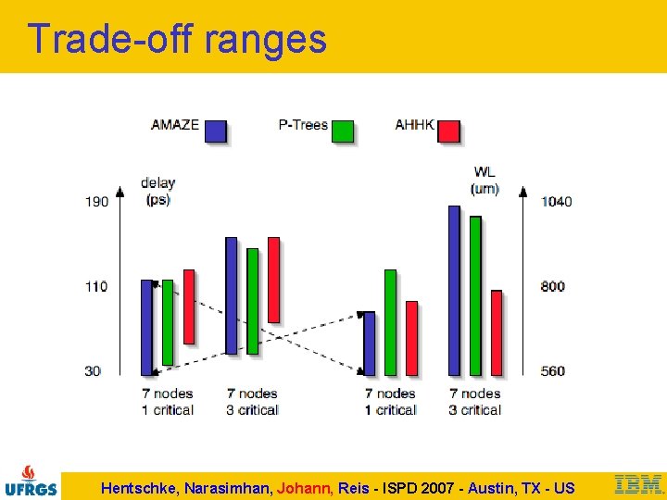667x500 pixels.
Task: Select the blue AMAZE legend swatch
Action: pos(215,131)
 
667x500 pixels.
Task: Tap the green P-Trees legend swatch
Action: pos(342,131)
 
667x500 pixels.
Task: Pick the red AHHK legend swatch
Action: pos(448,131)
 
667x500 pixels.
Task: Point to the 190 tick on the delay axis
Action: pos(96,201)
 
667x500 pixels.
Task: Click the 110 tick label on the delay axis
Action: pos(96,286)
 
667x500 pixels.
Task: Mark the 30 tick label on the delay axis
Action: pos(94,371)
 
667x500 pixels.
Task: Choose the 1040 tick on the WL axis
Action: pos(556,201)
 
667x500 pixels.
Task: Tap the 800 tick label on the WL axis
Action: pos(553,286)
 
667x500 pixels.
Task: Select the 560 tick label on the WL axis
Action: pos(553,371)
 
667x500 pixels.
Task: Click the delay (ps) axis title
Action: pos(158,191)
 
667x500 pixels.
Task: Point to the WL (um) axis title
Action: pos(485,181)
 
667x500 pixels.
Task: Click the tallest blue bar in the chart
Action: pos(454,290)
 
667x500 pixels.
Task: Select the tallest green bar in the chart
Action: pos(475,295)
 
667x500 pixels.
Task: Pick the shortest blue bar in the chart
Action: pos(370,343)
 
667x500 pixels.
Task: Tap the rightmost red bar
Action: pos(497,332)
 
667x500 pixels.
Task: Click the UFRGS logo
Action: pos(31,481)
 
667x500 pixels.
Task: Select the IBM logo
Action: pos(638,484)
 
